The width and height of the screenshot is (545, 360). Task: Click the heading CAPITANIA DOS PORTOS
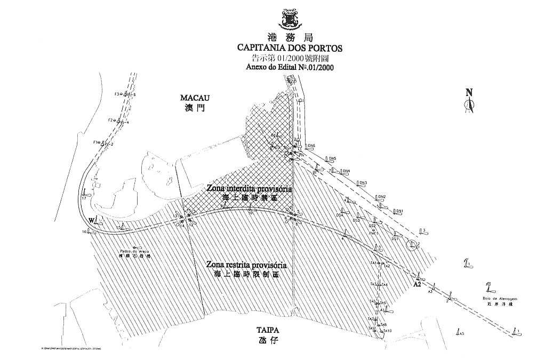(x=290, y=48)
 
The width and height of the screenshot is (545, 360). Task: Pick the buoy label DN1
(x=399, y=211)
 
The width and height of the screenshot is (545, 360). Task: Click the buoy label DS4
(x=339, y=215)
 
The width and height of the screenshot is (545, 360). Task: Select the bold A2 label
(x=418, y=285)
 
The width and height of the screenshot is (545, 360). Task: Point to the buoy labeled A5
(x=462, y=334)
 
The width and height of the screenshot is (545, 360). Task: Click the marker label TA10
(x=387, y=331)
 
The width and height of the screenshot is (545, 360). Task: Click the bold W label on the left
(x=92, y=220)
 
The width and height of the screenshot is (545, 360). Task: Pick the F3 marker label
(x=117, y=94)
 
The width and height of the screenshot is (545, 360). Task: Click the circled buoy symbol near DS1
(x=412, y=245)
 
